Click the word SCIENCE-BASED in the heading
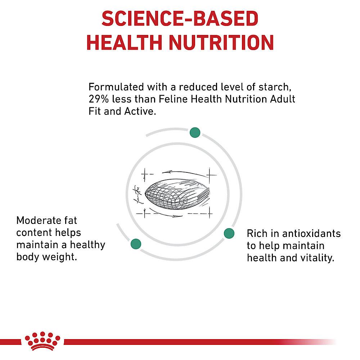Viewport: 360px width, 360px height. (180, 18)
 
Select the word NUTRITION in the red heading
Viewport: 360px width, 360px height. (221, 42)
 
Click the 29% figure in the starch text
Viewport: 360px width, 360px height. (99, 99)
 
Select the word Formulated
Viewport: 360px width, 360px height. (116, 87)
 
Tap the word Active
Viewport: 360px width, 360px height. (140, 111)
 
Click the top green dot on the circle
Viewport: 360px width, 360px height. (195, 133)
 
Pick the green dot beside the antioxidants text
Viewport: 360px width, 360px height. (229, 234)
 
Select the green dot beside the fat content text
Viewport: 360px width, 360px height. (136, 244)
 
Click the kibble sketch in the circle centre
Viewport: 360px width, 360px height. (177, 194)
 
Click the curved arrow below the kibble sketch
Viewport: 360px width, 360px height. (166, 213)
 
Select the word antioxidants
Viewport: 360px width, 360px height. (311, 234)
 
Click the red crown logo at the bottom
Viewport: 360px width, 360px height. (42, 341)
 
